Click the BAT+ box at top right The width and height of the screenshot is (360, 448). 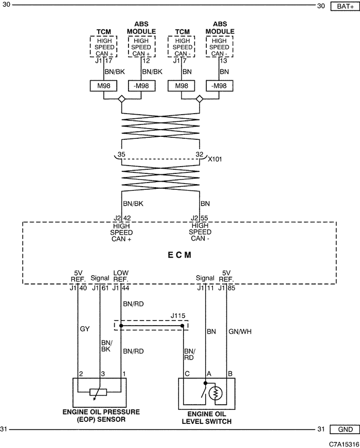pos(345,6)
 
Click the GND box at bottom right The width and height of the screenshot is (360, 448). pos(345,429)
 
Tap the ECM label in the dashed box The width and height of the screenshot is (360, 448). pos(179,255)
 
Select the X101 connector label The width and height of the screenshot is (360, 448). pos(215,159)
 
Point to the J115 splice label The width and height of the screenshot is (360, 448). pos(178,316)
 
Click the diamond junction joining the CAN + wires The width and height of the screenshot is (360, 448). pos(122,99)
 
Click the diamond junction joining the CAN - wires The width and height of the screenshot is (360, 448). pos(200,99)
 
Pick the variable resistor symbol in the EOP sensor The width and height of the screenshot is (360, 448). pos(98,392)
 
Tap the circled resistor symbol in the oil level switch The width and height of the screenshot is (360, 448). pos(215,393)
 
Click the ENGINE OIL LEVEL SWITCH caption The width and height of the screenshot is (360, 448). pos(207,418)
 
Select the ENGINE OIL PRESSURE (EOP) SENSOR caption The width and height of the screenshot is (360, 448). pos(101,416)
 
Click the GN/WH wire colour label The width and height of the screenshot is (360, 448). pos(240,331)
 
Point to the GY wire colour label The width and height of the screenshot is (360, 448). pos(84,329)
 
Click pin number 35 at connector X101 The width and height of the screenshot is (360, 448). pos(121,154)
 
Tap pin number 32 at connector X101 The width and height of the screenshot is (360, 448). pos(200,154)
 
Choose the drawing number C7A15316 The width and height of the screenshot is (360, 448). pos(344,444)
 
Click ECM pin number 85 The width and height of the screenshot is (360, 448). pos(231,288)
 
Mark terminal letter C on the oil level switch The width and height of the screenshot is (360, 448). pos(187,374)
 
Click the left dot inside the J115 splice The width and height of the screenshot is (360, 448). pos(121,326)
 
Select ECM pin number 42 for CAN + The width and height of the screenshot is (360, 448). pos(127,218)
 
